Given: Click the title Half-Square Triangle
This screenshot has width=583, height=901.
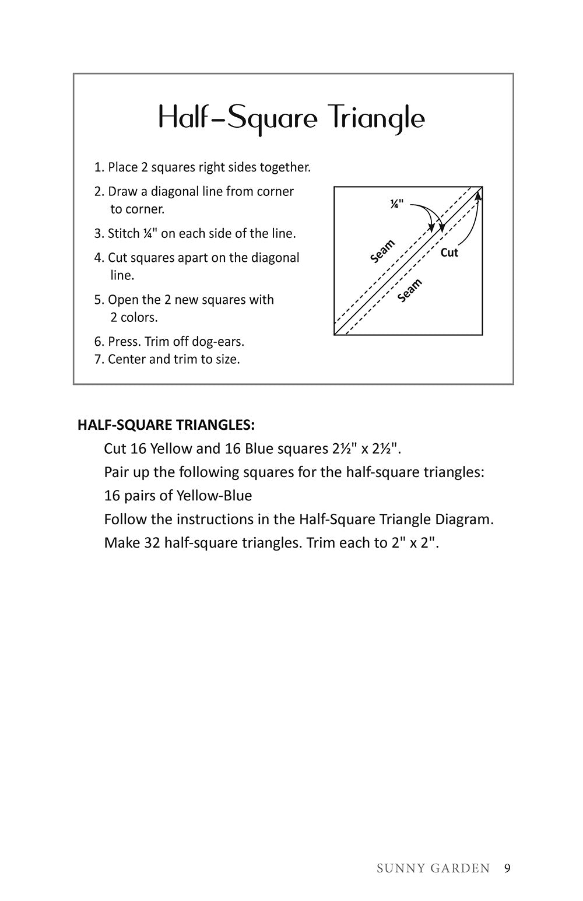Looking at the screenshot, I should click(x=291, y=118).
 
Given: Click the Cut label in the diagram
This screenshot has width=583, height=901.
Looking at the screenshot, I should click(x=449, y=253).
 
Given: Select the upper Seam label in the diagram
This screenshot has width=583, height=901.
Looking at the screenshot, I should click(x=382, y=251).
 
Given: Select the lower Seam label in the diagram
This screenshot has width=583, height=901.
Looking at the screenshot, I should click(x=410, y=290).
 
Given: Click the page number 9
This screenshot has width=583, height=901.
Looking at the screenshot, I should click(x=507, y=868).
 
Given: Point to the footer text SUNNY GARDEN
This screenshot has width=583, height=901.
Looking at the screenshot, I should click(x=433, y=869).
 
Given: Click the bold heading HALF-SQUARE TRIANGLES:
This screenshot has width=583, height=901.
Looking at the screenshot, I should click(x=166, y=425).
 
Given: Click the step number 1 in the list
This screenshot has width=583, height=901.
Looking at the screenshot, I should click(x=98, y=167).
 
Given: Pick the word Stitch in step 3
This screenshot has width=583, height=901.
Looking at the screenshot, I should click(x=124, y=233).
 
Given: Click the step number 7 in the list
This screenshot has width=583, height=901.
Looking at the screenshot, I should click(x=98, y=359).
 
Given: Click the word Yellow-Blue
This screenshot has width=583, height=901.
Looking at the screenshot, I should click(x=214, y=496).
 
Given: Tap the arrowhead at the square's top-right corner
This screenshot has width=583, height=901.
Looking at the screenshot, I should click(x=478, y=195).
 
